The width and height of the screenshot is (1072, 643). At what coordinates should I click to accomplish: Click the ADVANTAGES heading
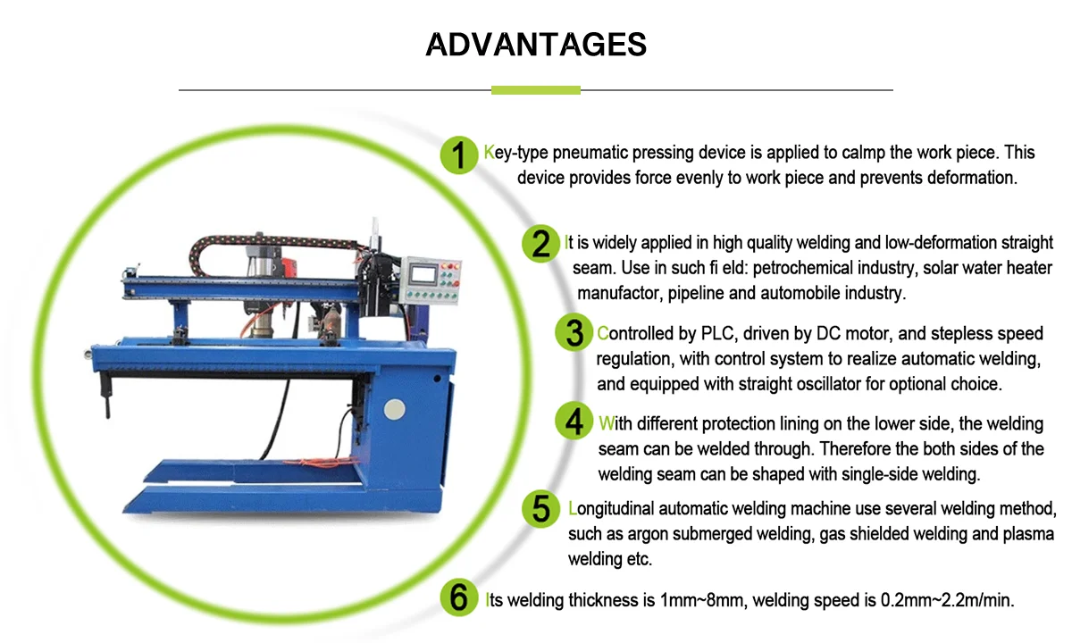(x=536, y=44)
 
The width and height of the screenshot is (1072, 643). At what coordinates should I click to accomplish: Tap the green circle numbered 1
(x=459, y=155)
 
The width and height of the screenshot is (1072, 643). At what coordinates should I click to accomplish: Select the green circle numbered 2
(x=541, y=243)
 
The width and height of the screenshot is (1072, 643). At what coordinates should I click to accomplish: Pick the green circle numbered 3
(x=574, y=333)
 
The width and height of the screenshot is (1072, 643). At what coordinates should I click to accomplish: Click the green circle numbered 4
(x=574, y=422)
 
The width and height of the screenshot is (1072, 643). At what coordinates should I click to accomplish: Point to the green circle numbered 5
(x=542, y=509)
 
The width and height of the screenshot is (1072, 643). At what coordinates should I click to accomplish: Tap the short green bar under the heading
(x=536, y=90)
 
